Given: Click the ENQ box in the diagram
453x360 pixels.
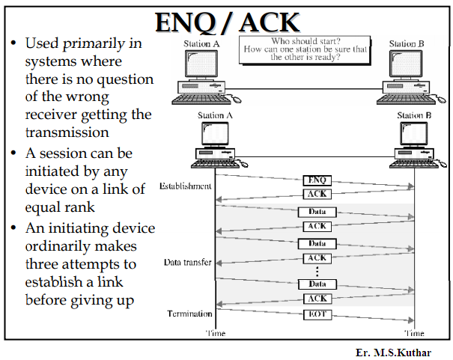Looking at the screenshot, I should click(x=317, y=180).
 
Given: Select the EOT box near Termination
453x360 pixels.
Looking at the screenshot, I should click(x=317, y=315).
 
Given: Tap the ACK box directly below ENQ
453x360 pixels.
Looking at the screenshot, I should click(x=317, y=194).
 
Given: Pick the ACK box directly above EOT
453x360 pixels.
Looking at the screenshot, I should click(x=317, y=299).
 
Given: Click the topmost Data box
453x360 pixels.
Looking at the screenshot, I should click(x=317, y=212).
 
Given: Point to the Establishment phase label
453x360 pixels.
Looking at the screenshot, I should click(x=186, y=186).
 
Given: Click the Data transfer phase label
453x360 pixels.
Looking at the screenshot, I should click(x=187, y=263).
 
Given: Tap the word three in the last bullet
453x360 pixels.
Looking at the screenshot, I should click(x=46, y=263).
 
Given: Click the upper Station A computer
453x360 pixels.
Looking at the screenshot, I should click(x=201, y=75).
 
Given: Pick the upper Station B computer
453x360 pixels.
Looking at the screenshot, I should click(x=406, y=75).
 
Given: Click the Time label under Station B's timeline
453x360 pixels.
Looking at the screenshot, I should click(x=414, y=332).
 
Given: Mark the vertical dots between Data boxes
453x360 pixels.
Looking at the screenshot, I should click(x=317, y=271).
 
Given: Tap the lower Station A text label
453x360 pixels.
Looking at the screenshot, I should click(x=216, y=115).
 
